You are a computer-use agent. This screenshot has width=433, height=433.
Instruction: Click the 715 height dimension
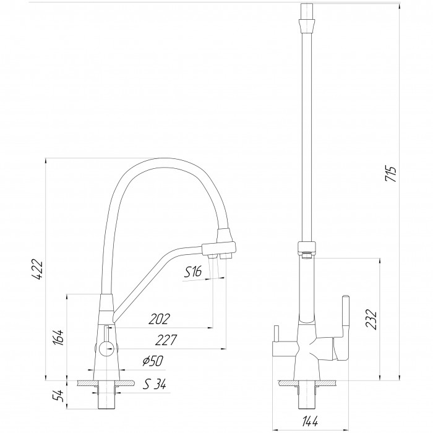[x=391, y=174]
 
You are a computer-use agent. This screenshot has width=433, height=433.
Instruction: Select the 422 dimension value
[x=37, y=270]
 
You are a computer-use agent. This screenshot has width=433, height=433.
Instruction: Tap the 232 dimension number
[x=371, y=320]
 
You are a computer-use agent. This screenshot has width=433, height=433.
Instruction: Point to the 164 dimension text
[x=59, y=338]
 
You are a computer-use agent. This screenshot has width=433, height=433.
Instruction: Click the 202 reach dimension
[x=159, y=319]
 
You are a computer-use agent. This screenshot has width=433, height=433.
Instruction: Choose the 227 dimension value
[x=165, y=340]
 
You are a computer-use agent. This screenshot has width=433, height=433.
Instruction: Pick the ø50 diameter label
[x=153, y=361]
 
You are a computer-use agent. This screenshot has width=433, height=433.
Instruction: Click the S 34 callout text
[x=155, y=384]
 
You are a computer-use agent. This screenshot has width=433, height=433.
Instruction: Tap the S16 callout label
[x=193, y=272]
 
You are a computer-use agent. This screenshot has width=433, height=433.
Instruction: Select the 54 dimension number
[x=59, y=396]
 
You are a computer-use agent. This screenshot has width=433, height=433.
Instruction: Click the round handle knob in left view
[x=106, y=348]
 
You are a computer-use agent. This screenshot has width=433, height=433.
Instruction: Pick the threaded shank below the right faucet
[x=307, y=398]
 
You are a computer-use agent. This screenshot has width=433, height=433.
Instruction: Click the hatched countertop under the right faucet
[x=307, y=383]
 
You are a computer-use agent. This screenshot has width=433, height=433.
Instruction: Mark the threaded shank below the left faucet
[x=106, y=398]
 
